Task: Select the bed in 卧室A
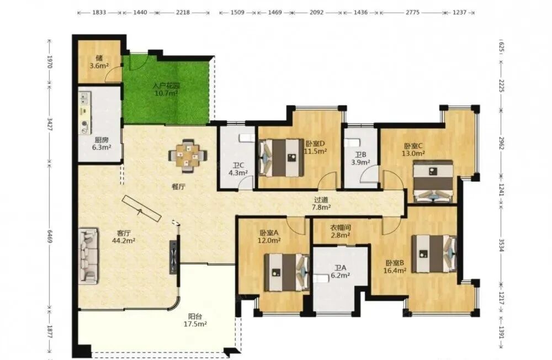[286, 272]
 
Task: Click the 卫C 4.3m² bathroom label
[238, 168]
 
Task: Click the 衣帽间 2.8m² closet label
[341, 231]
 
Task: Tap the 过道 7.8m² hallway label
[321, 204]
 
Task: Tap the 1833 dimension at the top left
[99, 12]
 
